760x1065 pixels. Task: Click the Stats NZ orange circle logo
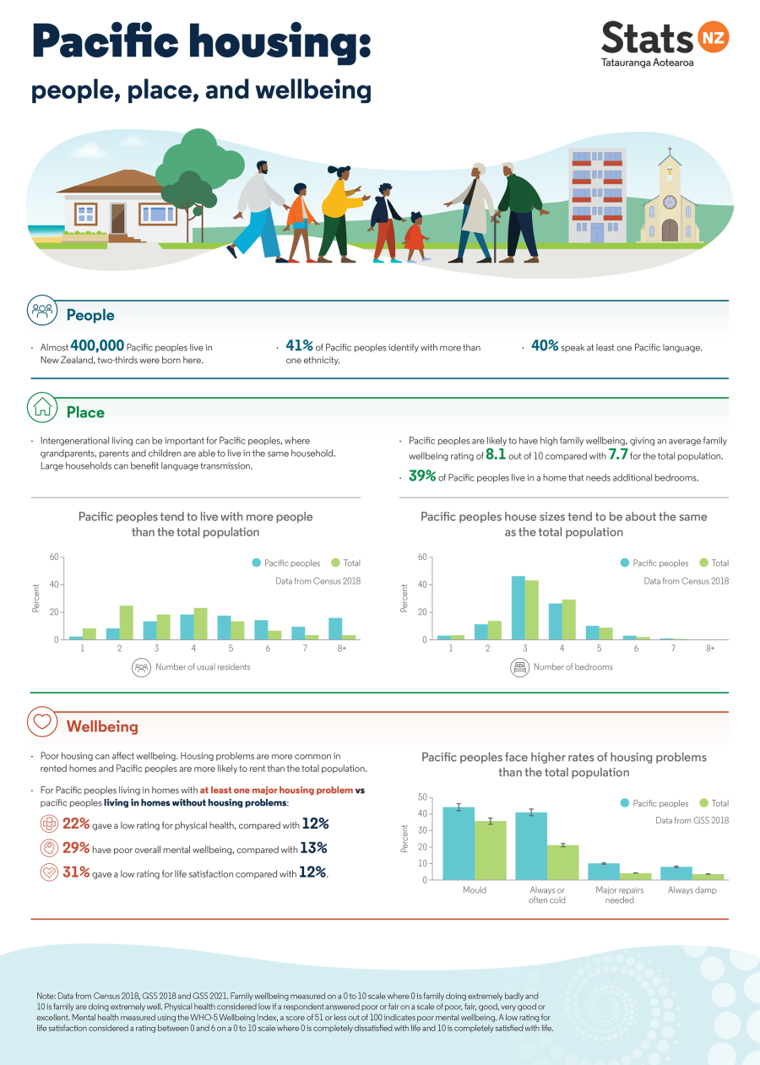[x=713, y=38]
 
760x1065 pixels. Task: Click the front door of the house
[x=117, y=217]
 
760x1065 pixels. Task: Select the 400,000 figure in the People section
[x=97, y=345]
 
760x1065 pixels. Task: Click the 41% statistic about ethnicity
[x=299, y=345]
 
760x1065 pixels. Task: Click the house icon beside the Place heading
[x=41, y=407]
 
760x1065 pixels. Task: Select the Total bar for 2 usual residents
[x=126, y=622]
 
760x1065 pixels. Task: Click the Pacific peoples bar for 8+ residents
[x=335, y=629]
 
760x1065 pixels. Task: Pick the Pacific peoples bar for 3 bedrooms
[x=518, y=608]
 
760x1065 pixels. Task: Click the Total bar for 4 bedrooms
[x=569, y=619]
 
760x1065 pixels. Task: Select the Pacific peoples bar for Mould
[x=459, y=843]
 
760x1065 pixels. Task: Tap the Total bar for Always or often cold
[x=563, y=862]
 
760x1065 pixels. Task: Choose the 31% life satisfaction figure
[x=76, y=872]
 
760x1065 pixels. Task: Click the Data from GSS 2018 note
[x=692, y=820]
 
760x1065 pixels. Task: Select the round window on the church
[x=670, y=202]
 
